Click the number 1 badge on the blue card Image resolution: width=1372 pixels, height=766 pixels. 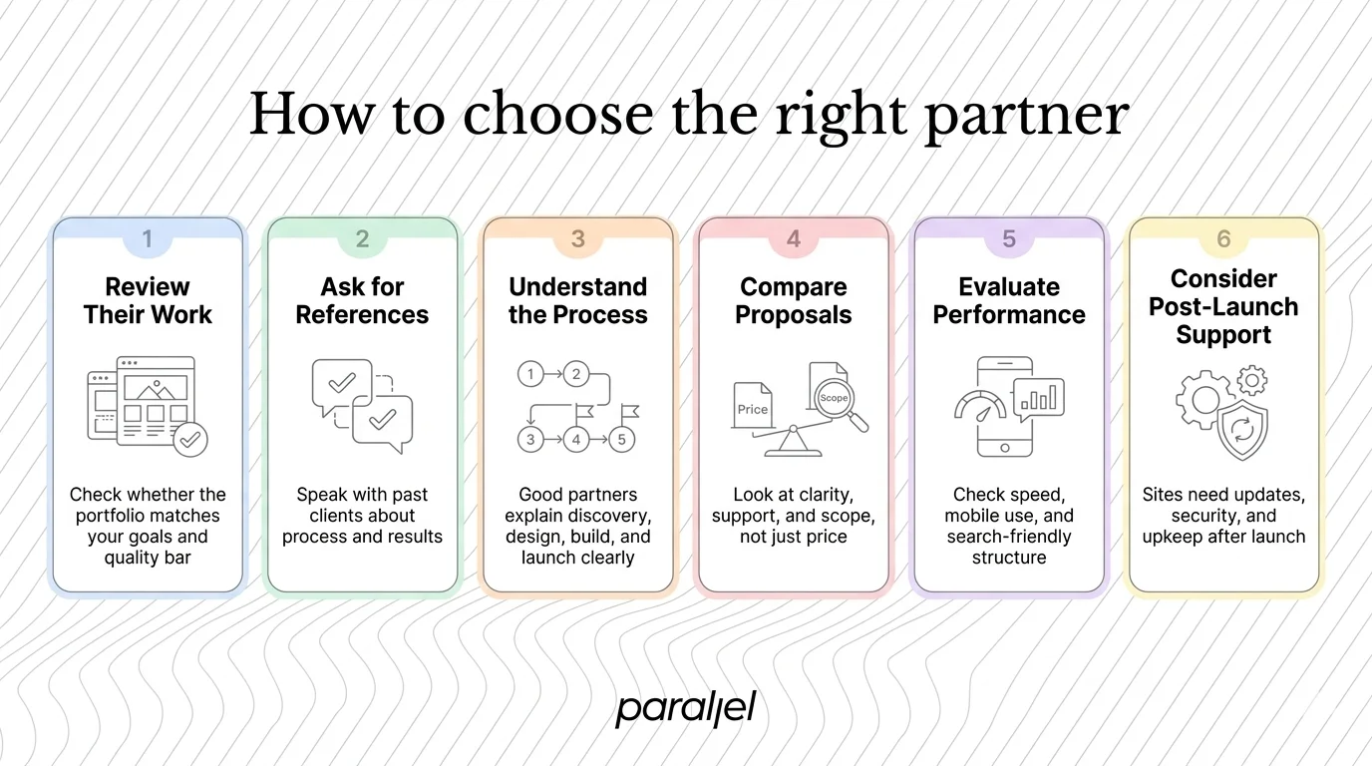(x=148, y=239)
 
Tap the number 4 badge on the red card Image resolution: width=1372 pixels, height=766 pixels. (x=793, y=239)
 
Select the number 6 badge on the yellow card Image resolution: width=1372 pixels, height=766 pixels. (x=1223, y=239)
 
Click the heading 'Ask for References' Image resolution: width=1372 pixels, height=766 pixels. (x=362, y=301)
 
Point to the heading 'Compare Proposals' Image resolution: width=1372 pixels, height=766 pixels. (x=793, y=301)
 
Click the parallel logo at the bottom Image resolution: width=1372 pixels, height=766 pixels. (x=685, y=709)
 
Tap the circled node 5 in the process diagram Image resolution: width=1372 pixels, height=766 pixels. (x=621, y=439)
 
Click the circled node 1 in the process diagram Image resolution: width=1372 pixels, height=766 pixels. (x=530, y=375)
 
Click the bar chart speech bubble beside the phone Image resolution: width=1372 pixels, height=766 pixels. (x=1039, y=398)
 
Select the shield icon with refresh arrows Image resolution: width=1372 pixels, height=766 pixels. (x=1242, y=432)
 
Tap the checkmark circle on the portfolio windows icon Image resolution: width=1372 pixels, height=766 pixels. (x=189, y=438)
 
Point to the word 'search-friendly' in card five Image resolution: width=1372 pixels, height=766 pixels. (x=1008, y=537)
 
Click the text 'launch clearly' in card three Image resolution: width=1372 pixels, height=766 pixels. (x=577, y=558)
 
